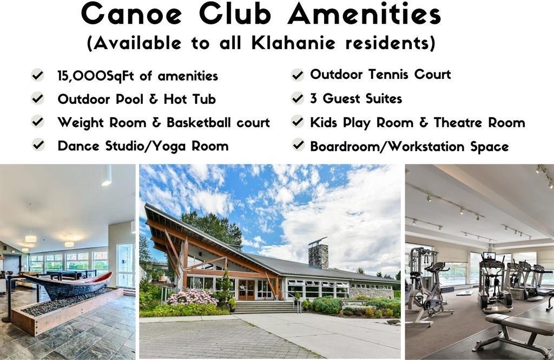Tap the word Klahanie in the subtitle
click(293, 43)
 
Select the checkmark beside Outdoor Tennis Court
click(298, 75)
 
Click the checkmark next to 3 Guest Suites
click(298, 98)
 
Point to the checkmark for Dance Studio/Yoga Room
click(38, 145)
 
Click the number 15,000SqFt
click(96, 76)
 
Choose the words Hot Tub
click(190, 99)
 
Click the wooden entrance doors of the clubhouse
click(246, 289)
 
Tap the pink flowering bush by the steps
click(193, 297)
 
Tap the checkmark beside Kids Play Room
click(298, 122)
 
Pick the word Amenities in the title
click(364, 14)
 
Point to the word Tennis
click(388, 75)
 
